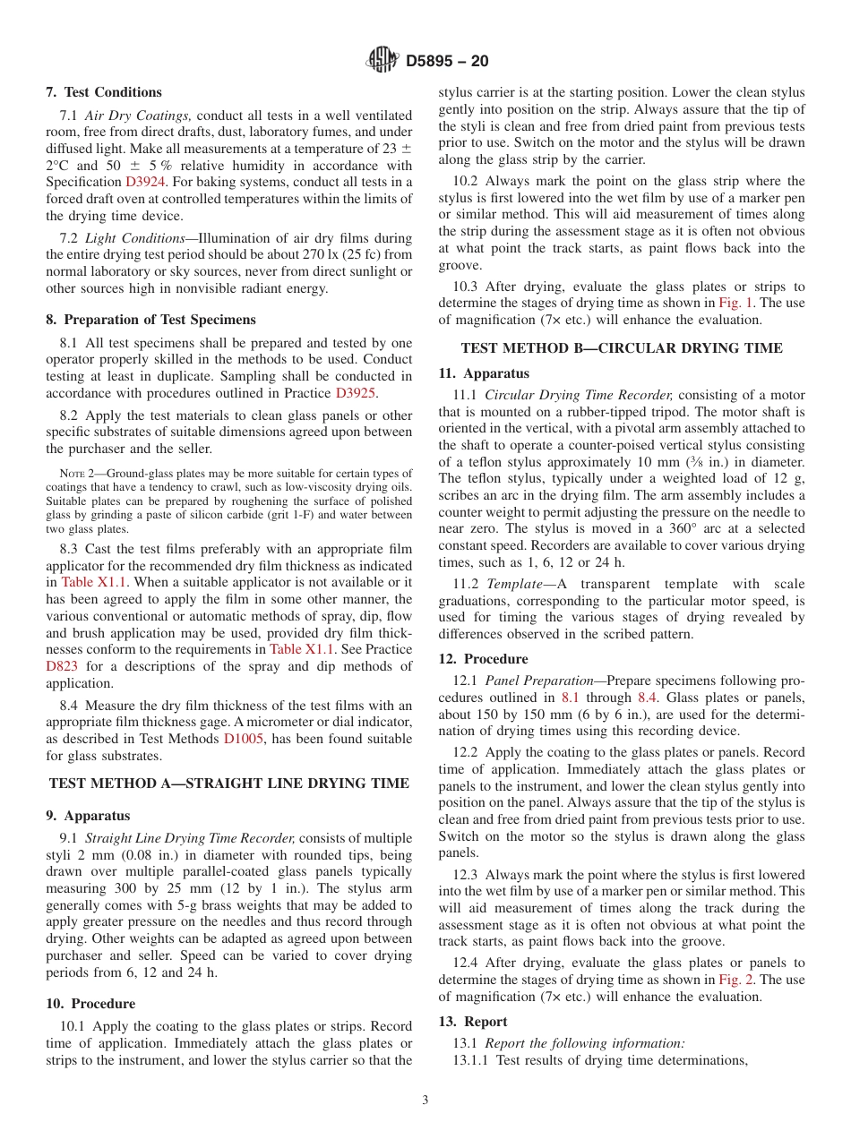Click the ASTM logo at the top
(x=383, y=61)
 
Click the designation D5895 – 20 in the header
(x=447, y=62)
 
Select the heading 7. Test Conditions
(x=104, y=92)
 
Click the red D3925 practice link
(x=356, y=392)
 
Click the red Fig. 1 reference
(x=736, y=304)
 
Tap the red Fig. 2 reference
(x=736, y=980)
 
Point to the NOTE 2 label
(x=77, y=474)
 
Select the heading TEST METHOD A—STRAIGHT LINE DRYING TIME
(x=229, y=783)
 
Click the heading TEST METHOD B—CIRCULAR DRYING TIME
(x=622, y=347)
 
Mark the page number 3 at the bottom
(x=425, y=1100)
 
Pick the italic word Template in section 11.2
(x=513, y=584)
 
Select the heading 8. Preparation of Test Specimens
(x=151, y=320)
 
